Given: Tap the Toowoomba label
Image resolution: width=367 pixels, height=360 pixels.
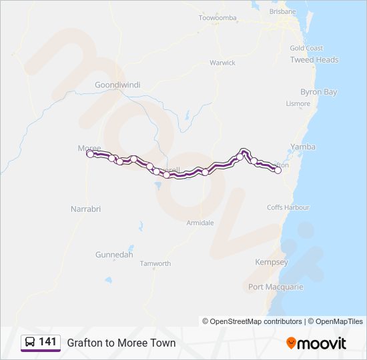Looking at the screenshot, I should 218,17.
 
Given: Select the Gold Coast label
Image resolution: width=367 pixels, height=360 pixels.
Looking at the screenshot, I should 306,48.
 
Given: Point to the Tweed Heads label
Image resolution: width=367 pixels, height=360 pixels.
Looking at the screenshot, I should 314,59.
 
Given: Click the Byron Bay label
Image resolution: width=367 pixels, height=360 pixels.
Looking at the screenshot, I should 319,92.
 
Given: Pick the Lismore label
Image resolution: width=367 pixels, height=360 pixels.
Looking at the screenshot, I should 298,103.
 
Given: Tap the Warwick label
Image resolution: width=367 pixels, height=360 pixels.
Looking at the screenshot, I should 223,63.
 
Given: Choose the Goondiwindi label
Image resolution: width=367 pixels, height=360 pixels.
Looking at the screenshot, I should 115,85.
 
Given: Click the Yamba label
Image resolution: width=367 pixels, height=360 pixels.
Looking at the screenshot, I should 303,147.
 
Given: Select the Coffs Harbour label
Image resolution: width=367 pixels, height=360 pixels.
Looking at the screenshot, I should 288,207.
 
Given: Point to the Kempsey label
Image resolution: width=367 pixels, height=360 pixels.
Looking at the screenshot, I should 272,263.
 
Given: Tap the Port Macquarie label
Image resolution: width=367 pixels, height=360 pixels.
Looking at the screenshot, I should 276,287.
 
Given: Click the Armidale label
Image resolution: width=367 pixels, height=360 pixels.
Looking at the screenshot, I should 200,223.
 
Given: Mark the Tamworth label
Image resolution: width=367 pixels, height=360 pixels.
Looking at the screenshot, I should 155,263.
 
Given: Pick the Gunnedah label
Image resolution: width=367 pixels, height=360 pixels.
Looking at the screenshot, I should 114,255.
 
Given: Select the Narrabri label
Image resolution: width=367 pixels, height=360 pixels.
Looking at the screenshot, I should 85,209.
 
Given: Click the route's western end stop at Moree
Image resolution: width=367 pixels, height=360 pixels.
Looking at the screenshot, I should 90,154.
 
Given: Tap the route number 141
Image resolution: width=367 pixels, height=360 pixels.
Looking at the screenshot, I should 47,342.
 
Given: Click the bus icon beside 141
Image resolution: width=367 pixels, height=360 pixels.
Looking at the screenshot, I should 30,343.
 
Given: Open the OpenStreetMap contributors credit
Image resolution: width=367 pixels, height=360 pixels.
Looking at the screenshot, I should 256,321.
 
